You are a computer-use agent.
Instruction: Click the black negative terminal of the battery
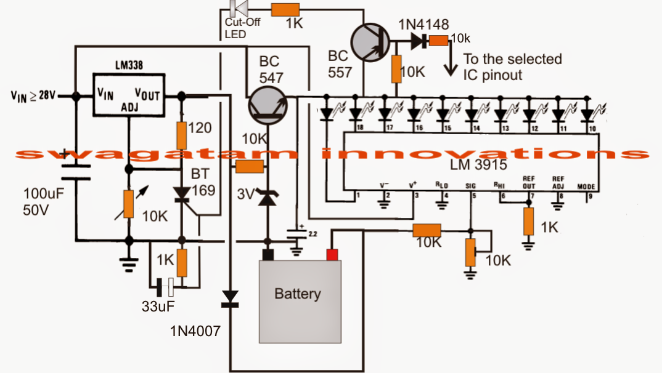click(268, 254)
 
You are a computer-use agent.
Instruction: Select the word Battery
click(298, 294)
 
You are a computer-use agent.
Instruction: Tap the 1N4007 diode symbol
click(231, 299)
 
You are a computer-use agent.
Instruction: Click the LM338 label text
click(131, 65)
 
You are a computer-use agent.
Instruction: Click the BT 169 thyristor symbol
click(182, 195)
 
